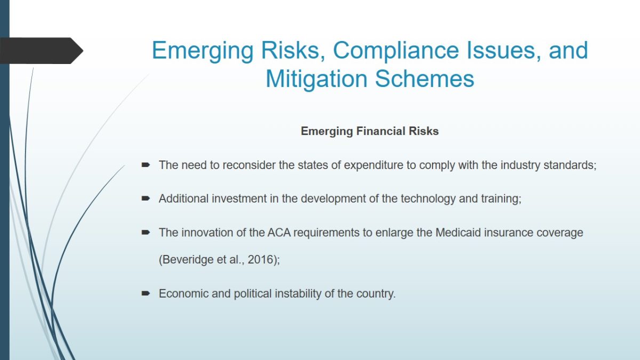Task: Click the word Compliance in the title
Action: [396, 50]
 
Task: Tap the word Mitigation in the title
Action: [316, 79]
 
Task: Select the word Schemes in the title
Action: [425, 79]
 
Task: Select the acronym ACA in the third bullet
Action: [279, 233]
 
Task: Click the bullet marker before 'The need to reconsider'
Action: [146, 165]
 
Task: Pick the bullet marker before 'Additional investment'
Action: [146, 198]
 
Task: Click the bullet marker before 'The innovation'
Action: [146, 233]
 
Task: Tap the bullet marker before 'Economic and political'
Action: [146, 293]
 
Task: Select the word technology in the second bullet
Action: [428, 198]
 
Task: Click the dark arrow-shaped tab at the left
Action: [42, 51]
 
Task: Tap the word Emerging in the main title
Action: [203, 51]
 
